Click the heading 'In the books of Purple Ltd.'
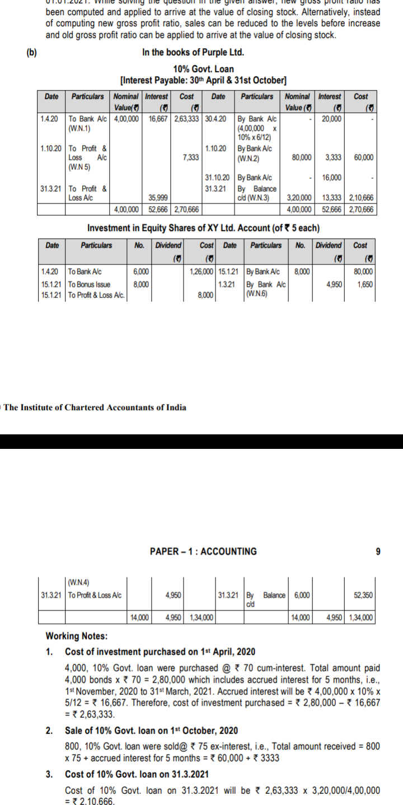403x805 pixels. (x=193, y=53)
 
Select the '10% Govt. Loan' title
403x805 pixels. (x=204, y=69)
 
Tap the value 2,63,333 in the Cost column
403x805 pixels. (x=187, y=119)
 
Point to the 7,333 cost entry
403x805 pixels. (x=191, y=158)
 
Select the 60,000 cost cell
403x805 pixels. (x=364, y=158)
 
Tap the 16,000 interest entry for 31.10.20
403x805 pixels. (x=331, y=178)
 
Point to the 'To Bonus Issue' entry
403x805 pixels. (x=90, y=285)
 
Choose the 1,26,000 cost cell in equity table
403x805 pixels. (x=201, y=272)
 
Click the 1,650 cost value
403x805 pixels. (x=367, y=285)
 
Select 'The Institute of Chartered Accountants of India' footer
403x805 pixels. (x=96, y=408)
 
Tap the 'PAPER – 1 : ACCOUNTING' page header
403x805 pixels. (x=203, y=551)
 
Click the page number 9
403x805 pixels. (x=378, y=551)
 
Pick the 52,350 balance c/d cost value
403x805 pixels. (x=363, y=595)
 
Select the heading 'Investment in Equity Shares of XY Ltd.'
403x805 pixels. (x=203, y=229)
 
